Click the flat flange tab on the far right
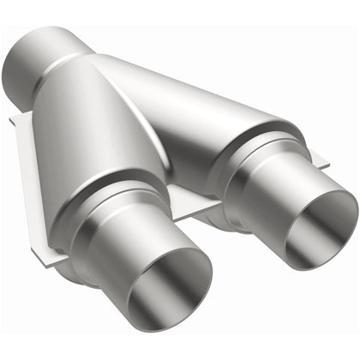coord(319,158)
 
